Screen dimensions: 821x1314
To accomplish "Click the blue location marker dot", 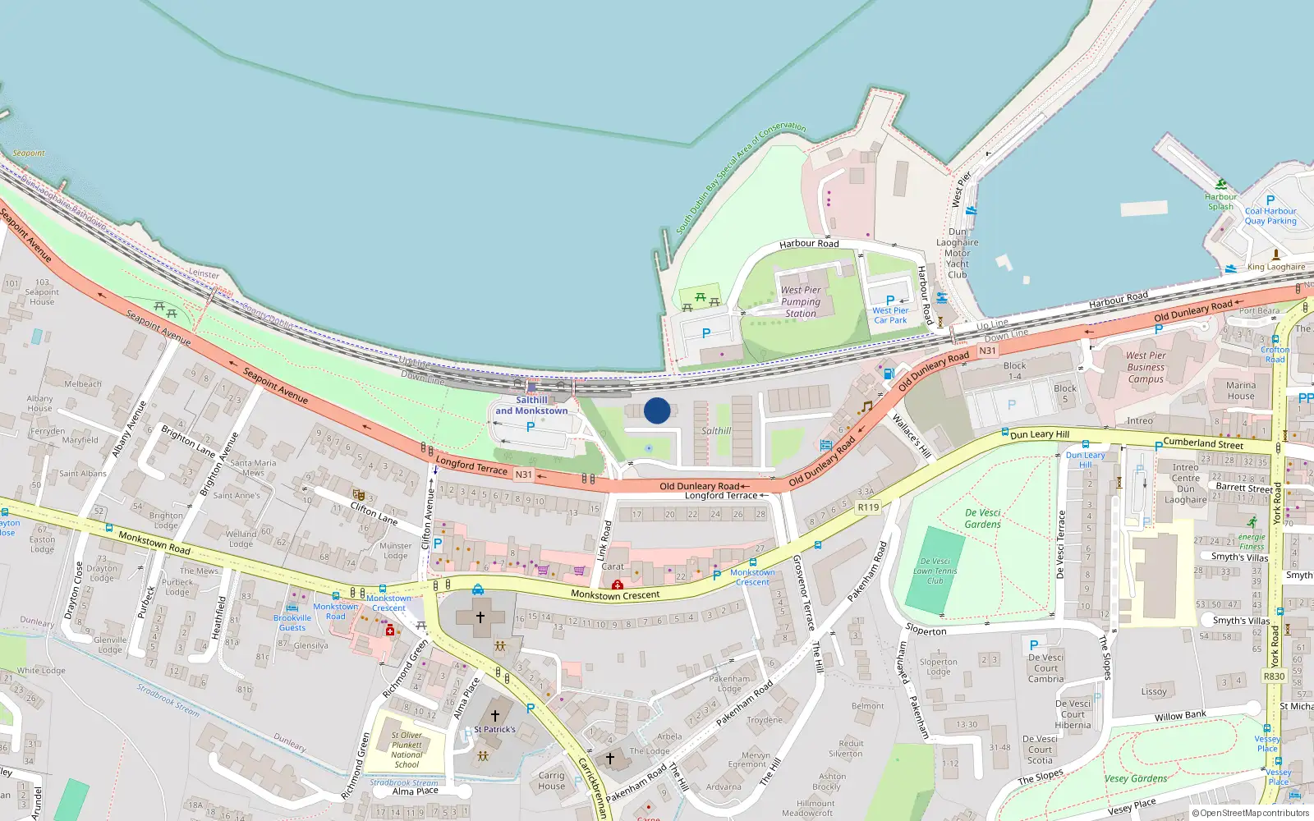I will tap(657, 410).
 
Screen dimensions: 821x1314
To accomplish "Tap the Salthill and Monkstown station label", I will tap(531, 406).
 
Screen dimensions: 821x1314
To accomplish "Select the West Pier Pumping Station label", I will tap(801, 301).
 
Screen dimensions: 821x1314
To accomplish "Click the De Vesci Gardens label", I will tap(983, 518).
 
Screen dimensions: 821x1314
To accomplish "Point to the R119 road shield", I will tap(868, 507).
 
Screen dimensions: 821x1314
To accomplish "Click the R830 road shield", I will tap(1274, 677).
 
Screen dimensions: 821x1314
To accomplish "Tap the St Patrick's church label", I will tap(494, 729).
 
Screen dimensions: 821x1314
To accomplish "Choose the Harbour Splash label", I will tap(1220, 201).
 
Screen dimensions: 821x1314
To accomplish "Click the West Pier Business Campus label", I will tap(1146, 367).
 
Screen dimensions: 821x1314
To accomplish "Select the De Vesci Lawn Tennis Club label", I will tap(935, 571).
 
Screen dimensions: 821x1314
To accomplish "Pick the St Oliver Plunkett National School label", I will tap(407, 750).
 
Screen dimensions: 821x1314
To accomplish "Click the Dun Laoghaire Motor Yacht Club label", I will tap(958, 253).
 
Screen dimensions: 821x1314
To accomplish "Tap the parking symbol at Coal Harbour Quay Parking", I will tap(1270, 200).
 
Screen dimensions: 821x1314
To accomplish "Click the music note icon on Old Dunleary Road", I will tap(866, 406).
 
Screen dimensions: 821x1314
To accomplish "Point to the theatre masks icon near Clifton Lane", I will tap(358, 494).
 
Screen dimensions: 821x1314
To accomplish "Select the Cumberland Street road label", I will tap(1203, 443).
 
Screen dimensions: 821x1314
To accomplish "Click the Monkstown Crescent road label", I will tap(615, 595).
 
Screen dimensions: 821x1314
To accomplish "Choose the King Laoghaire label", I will tap(1275, 267).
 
